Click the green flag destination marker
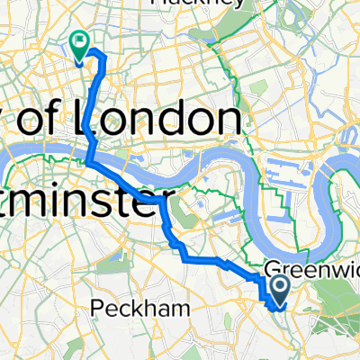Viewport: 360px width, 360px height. tap(79, 41)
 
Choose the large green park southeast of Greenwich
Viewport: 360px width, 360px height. tap(337, 306)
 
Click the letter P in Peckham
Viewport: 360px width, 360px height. tap(97, 308)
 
